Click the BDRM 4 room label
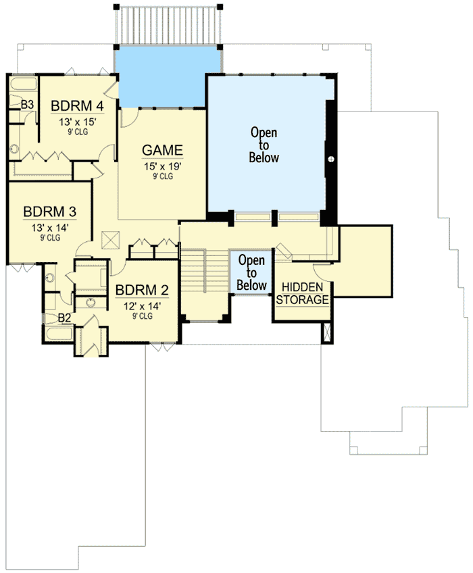(77, 107)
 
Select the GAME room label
(162, 150)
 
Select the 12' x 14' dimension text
(141, 305)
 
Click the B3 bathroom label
(27, 104)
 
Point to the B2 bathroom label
(65, 317)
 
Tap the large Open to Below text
(264, 145)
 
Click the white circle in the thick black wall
(331, 158)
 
